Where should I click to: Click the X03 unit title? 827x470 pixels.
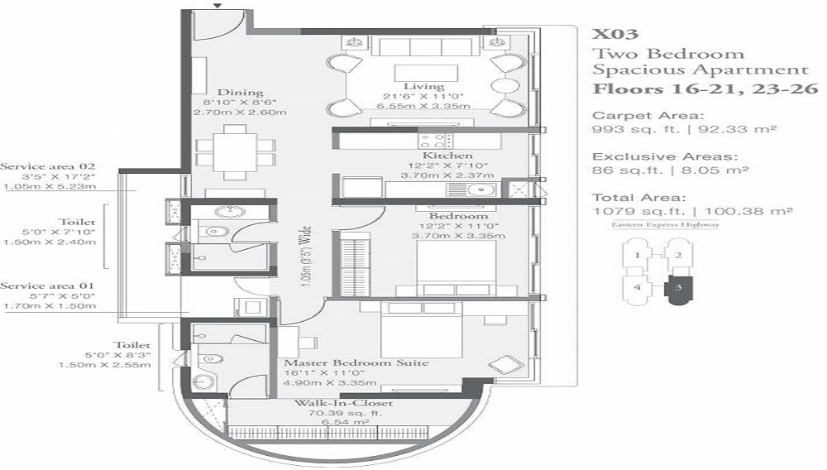point(615,34)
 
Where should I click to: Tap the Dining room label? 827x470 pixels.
point(240,93)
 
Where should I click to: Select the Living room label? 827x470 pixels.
point(424,86)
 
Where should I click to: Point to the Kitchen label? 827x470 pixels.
point(447,156)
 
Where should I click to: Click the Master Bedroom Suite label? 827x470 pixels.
point(356,363)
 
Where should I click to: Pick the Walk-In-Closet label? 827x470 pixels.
point(343,403)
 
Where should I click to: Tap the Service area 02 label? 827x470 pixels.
point(47,166)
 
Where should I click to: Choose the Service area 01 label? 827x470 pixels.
point(47,286)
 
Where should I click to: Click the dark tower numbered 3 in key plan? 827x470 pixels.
point(678,289)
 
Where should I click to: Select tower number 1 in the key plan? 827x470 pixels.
point(637,256)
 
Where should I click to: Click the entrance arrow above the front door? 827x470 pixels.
point(218,5)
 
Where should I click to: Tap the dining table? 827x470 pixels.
point(235,152)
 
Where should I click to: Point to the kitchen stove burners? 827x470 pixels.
point(435,141)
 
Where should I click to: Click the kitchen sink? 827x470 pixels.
point(471,189)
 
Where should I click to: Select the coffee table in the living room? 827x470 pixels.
point(426,73)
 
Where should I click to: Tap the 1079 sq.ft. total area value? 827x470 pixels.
point(638,212)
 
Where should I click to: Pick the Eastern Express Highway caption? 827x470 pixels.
point(665,225)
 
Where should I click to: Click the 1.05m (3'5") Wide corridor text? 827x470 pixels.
point(305,257)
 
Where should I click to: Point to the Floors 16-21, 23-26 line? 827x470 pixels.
point(705,89)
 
